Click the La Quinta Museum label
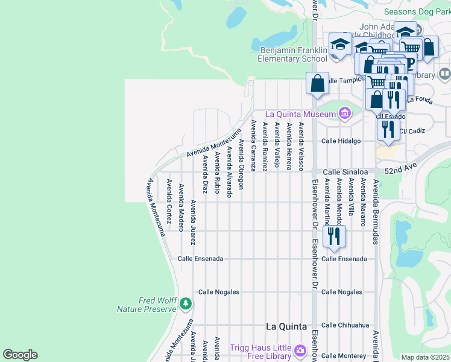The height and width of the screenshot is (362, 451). click(300, 114)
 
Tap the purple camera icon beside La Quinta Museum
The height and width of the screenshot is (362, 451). click(344, 113)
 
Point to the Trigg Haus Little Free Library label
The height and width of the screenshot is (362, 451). click(260, 352)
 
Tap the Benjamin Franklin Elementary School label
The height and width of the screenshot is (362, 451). click(292, 55)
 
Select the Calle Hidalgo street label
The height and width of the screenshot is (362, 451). click(341, 141)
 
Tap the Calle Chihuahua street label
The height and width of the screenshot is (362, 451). click(345, 325)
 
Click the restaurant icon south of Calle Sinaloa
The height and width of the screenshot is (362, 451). click(334, 237)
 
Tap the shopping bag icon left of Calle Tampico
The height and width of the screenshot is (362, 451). click(317, 83)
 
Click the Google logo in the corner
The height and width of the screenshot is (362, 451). click(20, 355)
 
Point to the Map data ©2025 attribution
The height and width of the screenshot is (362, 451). click(426, 357)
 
